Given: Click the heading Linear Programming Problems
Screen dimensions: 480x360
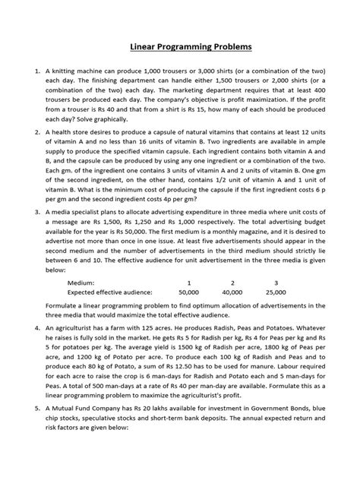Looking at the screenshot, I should click(x=179, y=47).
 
